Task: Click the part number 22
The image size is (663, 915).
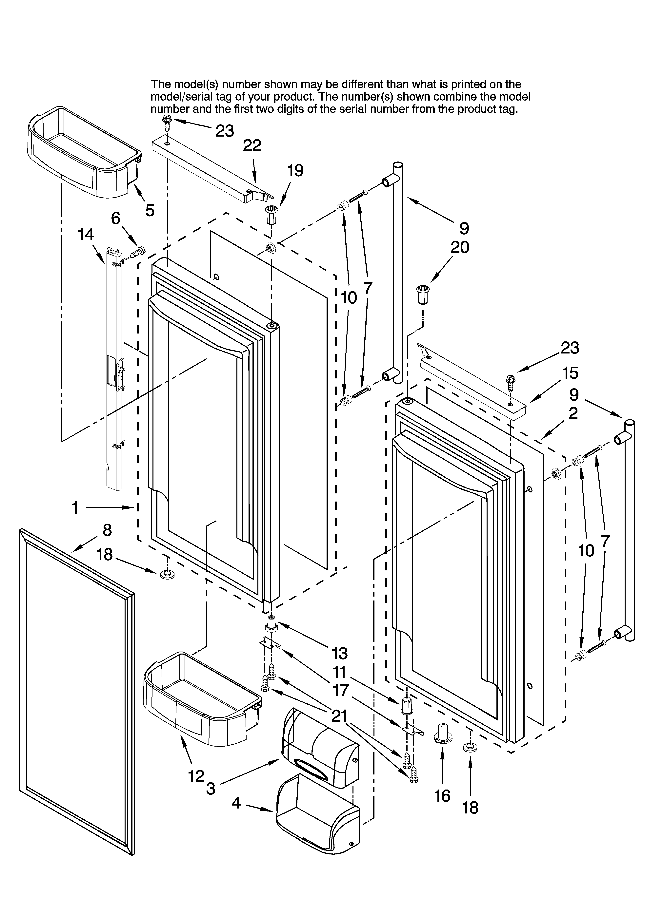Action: [252, 146]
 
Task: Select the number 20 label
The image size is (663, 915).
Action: [459, 247]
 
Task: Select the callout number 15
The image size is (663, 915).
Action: [570, 373]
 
